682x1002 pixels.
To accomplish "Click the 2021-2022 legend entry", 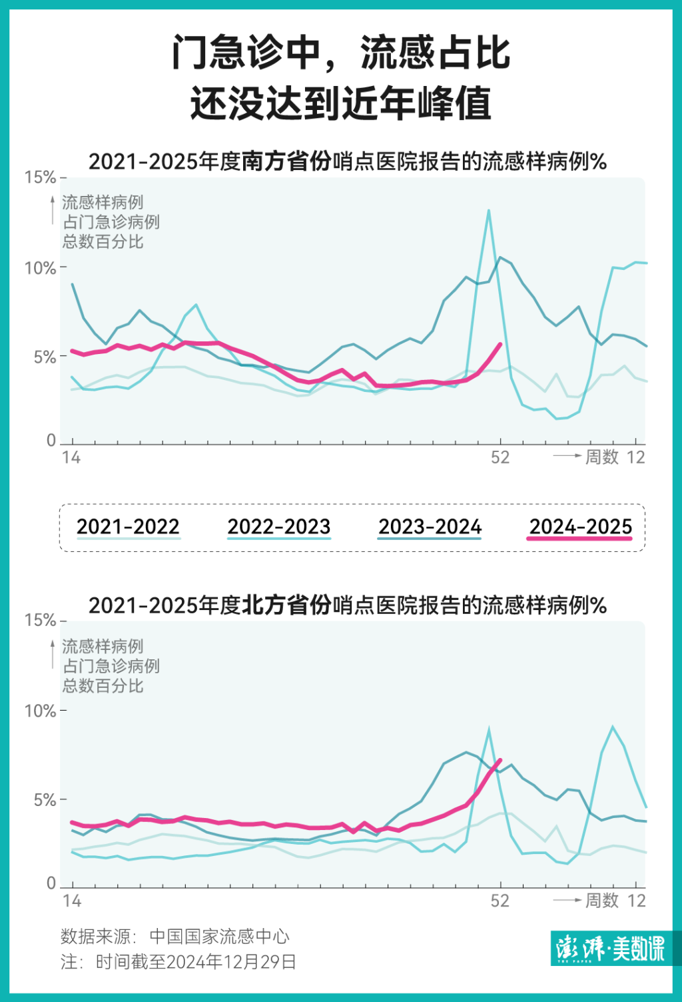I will (128, 527).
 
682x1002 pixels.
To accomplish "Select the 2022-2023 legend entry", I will (279, 527).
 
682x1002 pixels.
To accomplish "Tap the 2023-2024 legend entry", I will (430, 527).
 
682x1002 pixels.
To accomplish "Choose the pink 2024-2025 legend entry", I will (580, 527).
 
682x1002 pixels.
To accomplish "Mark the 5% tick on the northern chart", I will (45, 799).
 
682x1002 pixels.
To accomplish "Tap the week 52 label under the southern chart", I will (500, 457).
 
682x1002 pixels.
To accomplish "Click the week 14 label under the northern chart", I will (71, 901).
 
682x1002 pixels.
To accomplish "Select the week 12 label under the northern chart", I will (636, 901).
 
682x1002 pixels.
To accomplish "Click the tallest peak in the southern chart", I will (489, 211).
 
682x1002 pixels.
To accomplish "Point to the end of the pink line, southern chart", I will (500, 344).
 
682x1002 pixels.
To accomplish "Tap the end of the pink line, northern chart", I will (500, 760).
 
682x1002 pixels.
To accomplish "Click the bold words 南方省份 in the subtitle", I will (286, 161).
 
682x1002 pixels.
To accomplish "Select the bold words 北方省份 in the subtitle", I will (286, 605).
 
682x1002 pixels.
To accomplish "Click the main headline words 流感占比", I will (436, 53).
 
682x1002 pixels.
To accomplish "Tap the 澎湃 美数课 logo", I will (610, 948).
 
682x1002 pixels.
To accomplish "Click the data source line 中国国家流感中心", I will (219, 937).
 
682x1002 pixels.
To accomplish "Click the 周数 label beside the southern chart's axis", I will (602, 457).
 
